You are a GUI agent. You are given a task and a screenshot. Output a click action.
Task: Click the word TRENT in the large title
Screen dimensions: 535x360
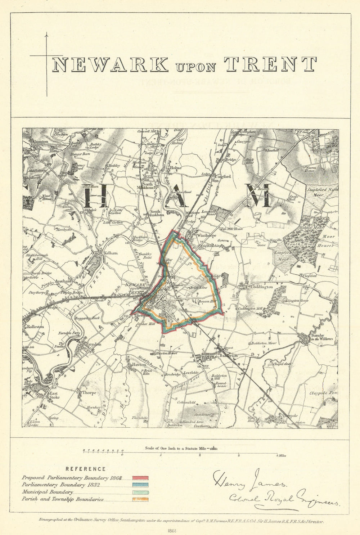click(270, 64)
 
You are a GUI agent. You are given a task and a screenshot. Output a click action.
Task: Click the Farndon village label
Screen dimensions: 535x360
click(93, 344)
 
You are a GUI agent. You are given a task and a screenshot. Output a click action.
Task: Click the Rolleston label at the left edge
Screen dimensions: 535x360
click(35, 327)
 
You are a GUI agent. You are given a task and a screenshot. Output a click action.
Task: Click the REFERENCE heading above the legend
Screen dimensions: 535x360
click(85, 469)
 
